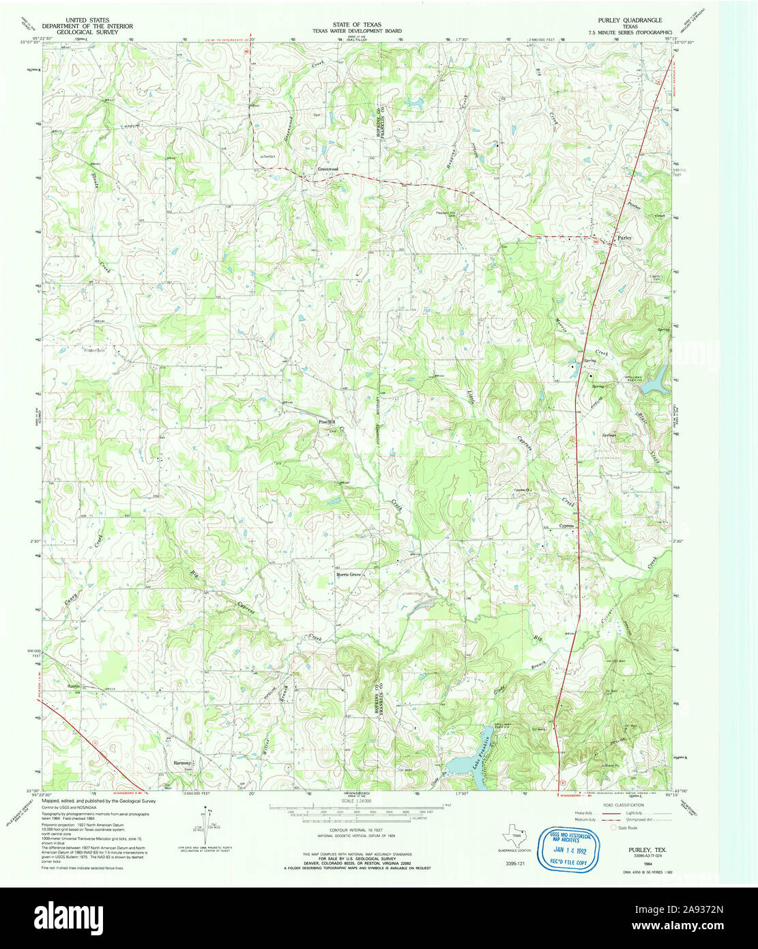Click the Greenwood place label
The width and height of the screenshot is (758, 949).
(327, 169)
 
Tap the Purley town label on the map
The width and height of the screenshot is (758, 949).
(625, 238)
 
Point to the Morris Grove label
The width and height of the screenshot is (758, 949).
(347, 574)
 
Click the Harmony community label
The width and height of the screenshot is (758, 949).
(182, 763)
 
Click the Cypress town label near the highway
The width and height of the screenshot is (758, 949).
(567, 526)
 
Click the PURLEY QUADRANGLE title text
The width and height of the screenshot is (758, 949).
(630, 20)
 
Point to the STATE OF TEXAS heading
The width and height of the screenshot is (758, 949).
(362, 24)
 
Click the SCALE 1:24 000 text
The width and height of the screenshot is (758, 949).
(362, 800)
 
